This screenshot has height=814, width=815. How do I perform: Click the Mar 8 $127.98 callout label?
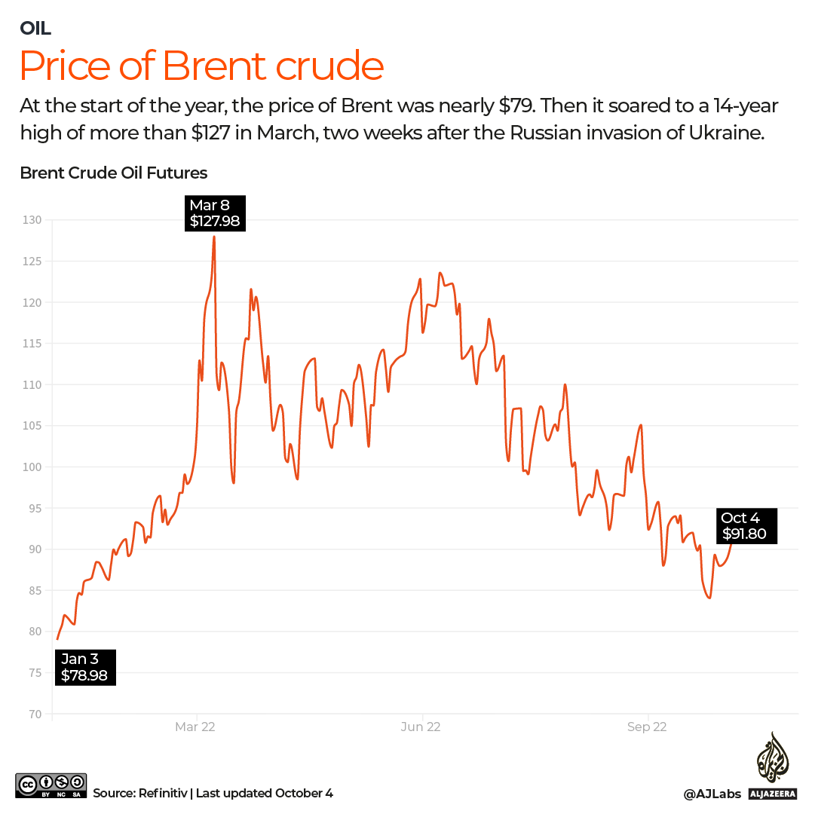point(215,213)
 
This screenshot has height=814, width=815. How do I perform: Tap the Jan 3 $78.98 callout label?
point(84,667)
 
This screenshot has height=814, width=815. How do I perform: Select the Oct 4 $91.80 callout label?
point(746,525)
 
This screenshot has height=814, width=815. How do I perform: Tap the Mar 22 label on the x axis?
point(195,727)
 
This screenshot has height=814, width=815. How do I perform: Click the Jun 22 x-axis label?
point(421,727)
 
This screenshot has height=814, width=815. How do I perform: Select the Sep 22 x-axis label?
point(647,727)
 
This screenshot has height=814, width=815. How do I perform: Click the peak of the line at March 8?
point(214,237)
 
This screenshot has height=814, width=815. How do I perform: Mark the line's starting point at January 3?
point(57,639)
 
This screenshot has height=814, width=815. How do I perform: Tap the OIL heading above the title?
point(35,29)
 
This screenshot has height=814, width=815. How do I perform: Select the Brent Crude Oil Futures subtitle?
point(113,173)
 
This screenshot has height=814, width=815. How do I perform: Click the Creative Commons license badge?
point(51,785)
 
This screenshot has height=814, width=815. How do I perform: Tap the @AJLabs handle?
point(712,794)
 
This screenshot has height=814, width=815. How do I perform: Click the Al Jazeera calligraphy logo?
point(772,757)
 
